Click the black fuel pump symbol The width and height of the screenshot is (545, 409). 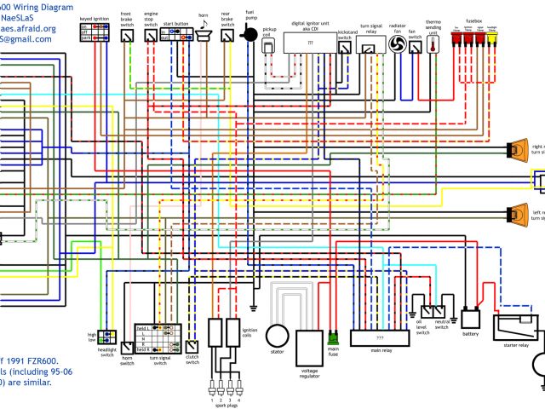point(250,32)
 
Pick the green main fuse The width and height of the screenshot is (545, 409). point(334,338)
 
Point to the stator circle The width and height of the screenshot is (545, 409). point(277,336)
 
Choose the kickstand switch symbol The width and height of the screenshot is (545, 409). point(344,48)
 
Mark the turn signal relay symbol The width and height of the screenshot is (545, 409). point(370,48)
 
